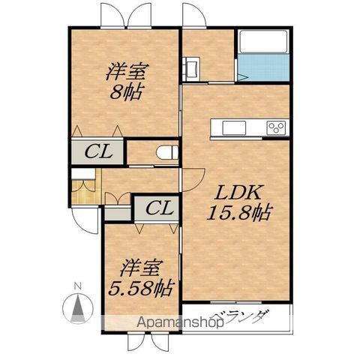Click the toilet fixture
coord(167,152)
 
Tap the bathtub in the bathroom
coord(263,41)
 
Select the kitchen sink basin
coord(234,127)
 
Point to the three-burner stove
coord(276,127)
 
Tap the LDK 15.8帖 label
coord(238,202)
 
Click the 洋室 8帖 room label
coord(127,81)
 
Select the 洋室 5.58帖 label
coord(140,278)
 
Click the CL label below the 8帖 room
coord(98,151)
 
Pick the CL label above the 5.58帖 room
coord(160,208)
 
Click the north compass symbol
coord(78,307)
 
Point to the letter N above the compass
coord(78,286)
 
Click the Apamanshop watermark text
coord(180,322)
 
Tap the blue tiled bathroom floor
coord(263,67)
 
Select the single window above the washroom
coord(194,26)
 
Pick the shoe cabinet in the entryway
coord(83,174)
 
